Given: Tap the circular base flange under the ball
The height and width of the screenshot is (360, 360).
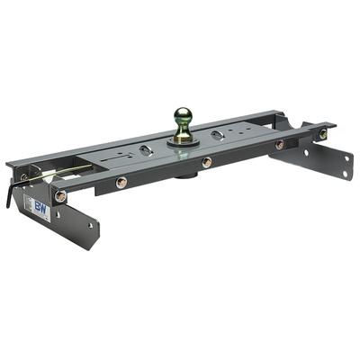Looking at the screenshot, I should (184, 141).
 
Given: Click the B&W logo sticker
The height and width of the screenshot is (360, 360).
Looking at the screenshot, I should (41, 206).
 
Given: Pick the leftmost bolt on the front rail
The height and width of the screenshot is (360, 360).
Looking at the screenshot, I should (61, 195).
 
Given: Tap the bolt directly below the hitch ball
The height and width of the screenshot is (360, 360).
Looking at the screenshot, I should (207, 162).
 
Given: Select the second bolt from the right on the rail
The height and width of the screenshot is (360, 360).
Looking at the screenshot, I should (279, 144).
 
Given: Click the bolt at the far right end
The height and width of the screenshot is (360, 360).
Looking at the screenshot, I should (323, 134).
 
